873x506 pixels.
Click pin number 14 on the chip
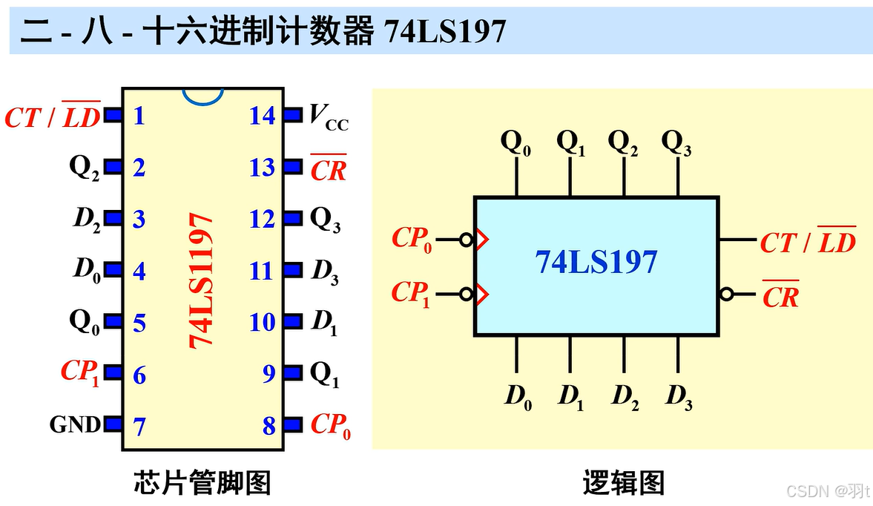262,116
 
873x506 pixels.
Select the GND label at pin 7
75,425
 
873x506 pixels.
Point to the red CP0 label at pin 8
330,425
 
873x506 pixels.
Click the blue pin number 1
139,116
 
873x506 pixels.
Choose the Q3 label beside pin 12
325,220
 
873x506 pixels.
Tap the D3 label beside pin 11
325,272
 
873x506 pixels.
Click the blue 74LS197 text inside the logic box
596,262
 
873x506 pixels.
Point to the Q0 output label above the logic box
516,142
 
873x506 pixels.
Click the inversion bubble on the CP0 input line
467,240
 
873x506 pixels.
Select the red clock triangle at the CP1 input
481,295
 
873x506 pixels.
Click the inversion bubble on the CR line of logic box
726,295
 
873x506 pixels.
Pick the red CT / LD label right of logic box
807,241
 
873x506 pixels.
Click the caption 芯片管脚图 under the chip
202,482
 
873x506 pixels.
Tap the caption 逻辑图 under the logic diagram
623,482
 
